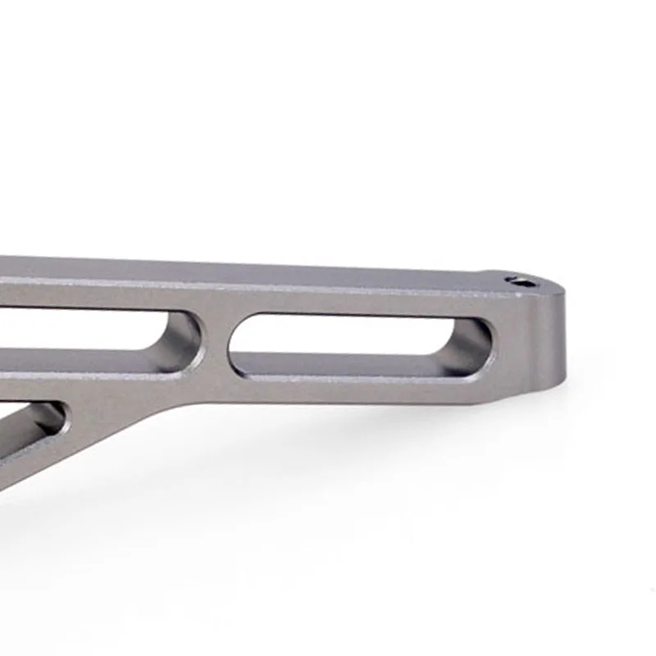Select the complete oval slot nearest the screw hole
click(361, 345)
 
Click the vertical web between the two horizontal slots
click(215, 344)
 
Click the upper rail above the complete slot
click(361, 303)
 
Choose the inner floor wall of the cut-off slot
click(82, 361)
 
